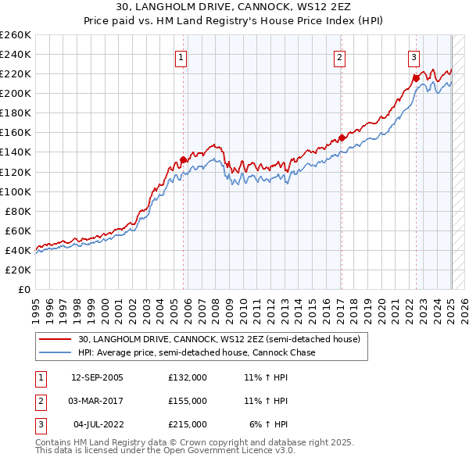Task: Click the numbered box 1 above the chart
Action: coord(181,56)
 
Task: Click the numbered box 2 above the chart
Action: coord(340,56)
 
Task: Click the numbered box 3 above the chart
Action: coord(413,56)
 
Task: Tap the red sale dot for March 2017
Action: coord(342,138)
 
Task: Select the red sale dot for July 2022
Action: coord(417,78)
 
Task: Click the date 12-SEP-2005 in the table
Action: coord(97,377)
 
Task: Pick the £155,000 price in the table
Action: coord(188,401)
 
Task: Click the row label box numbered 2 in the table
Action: coord(40,401)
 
